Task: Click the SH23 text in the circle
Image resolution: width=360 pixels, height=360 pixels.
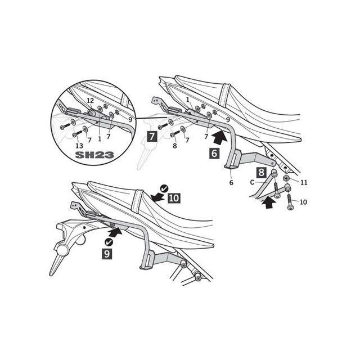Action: [x=94, y=155]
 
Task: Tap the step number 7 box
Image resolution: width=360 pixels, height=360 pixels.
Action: [x=152, y=137]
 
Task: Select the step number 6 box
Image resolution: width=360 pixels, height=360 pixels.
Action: [x=214, y=154]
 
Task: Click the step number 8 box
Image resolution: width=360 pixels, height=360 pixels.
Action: [x=262, y=173]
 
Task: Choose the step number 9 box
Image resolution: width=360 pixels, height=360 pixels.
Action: [x=107, y=254]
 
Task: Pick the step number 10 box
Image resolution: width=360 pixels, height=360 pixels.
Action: [x=174, y=197]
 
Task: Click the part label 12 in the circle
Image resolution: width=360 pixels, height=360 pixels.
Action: [x=91, y=101]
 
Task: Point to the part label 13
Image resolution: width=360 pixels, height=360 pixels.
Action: [x=80, y=146]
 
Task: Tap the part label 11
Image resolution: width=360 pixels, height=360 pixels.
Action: [x=304, y=182]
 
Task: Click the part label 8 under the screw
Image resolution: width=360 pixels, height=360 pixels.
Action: [x=175, y=146]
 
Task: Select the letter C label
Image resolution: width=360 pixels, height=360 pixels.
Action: [x=253, y=182]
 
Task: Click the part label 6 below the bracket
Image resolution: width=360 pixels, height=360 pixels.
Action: [x=231, y=182]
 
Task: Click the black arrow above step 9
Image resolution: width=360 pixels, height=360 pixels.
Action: [x=115, y=232]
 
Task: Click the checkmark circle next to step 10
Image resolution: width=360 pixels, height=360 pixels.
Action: [x=164, y=188]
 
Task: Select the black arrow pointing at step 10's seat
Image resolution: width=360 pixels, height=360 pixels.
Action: [x=157, y=197]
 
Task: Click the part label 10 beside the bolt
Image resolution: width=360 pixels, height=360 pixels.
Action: [x=304, y=202]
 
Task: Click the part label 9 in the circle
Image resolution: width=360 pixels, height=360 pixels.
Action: [x=130, y=120]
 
